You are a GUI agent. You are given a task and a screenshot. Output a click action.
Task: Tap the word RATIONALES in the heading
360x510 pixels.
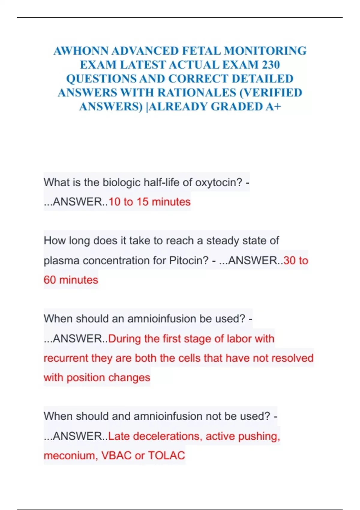pyautogui.click(x=197, y=92)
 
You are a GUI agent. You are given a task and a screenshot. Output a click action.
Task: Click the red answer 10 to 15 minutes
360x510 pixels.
pyautogui.click(x=149, y=202)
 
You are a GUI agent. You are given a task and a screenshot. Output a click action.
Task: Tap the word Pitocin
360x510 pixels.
pyautogui.click(x=189, y=260)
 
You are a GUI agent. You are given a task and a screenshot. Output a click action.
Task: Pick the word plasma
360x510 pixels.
pyautogui.click(x=61, y=260)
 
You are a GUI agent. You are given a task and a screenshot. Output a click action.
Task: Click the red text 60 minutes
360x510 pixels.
pyautogui.click(x=71, y=280)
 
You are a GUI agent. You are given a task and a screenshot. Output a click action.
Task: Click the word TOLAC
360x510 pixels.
pyautogui.click(x=166, y=455)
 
